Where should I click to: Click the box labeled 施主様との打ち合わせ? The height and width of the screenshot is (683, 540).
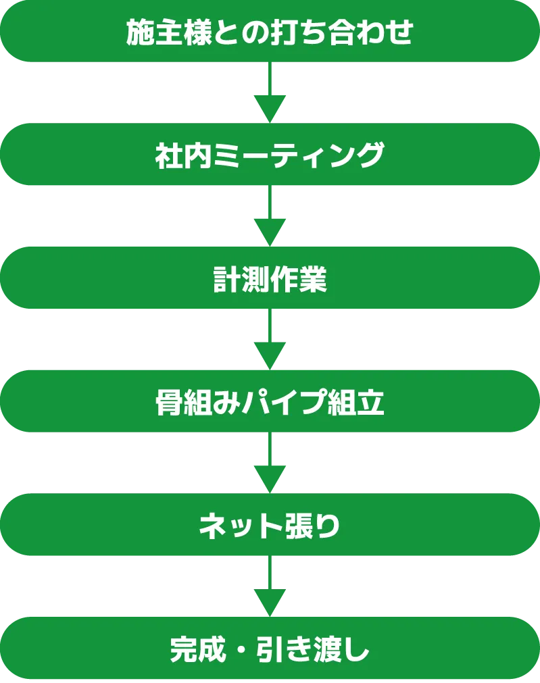pos(270,32)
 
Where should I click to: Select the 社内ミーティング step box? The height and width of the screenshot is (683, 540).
pos(270,155)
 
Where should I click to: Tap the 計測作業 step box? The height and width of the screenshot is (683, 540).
pos(270,279)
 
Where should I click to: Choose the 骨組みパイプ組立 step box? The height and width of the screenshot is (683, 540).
pos(270,403)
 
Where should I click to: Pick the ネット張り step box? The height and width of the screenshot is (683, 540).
pos(270,526)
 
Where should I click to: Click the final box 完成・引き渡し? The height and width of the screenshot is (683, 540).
pos(270,649)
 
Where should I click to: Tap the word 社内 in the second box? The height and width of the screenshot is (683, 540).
pos(176,156)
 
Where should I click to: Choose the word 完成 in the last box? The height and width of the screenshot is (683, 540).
pos(191,650)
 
